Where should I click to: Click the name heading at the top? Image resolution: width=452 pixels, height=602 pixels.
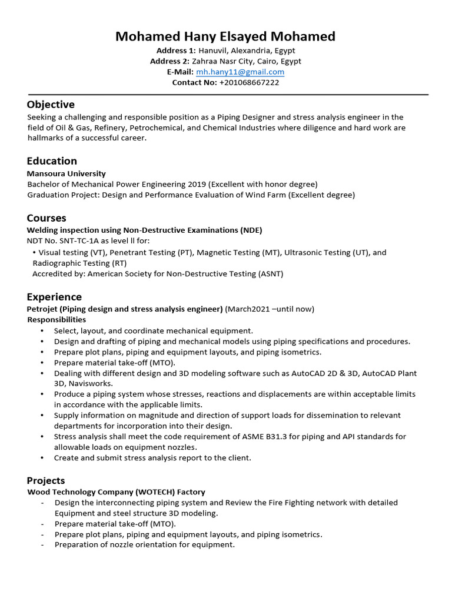pos(225,36)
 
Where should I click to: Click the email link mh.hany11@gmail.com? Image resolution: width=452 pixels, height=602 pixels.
pos(240,72)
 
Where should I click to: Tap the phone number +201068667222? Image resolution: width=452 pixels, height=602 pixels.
pos(249,82)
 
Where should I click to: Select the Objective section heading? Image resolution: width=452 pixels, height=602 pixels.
pos(51,105)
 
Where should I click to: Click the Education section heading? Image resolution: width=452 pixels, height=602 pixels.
pos(52,161)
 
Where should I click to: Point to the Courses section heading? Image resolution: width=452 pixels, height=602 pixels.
pos(46,218)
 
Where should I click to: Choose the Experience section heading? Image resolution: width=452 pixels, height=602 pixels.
pos(54,297)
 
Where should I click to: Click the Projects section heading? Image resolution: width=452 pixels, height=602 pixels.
pos(46,480)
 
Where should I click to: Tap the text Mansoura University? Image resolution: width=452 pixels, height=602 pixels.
pos(67,173)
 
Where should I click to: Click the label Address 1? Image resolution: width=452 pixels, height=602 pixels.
pos(176,51)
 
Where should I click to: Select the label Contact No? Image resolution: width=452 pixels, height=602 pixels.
pos(194,82)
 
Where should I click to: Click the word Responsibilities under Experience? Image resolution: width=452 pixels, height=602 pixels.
pos(56,319)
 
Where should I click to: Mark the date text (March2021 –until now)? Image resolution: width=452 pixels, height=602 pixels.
pos(270,309)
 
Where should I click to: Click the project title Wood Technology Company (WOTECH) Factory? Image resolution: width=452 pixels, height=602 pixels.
pos(116,491)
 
